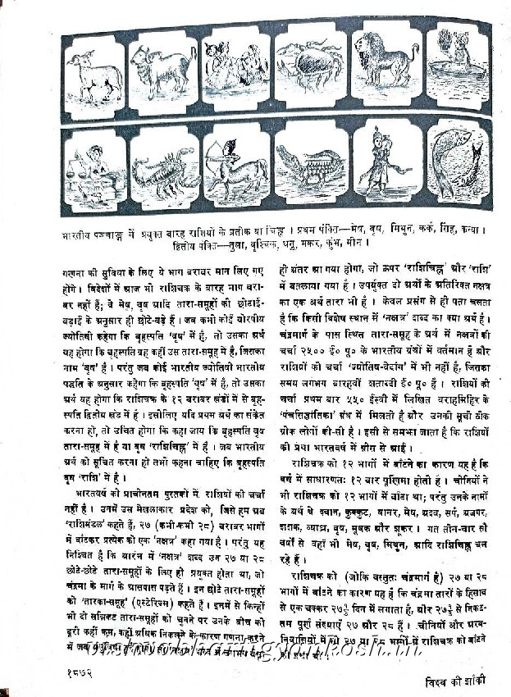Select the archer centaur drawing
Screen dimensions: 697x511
click(238, 168)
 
